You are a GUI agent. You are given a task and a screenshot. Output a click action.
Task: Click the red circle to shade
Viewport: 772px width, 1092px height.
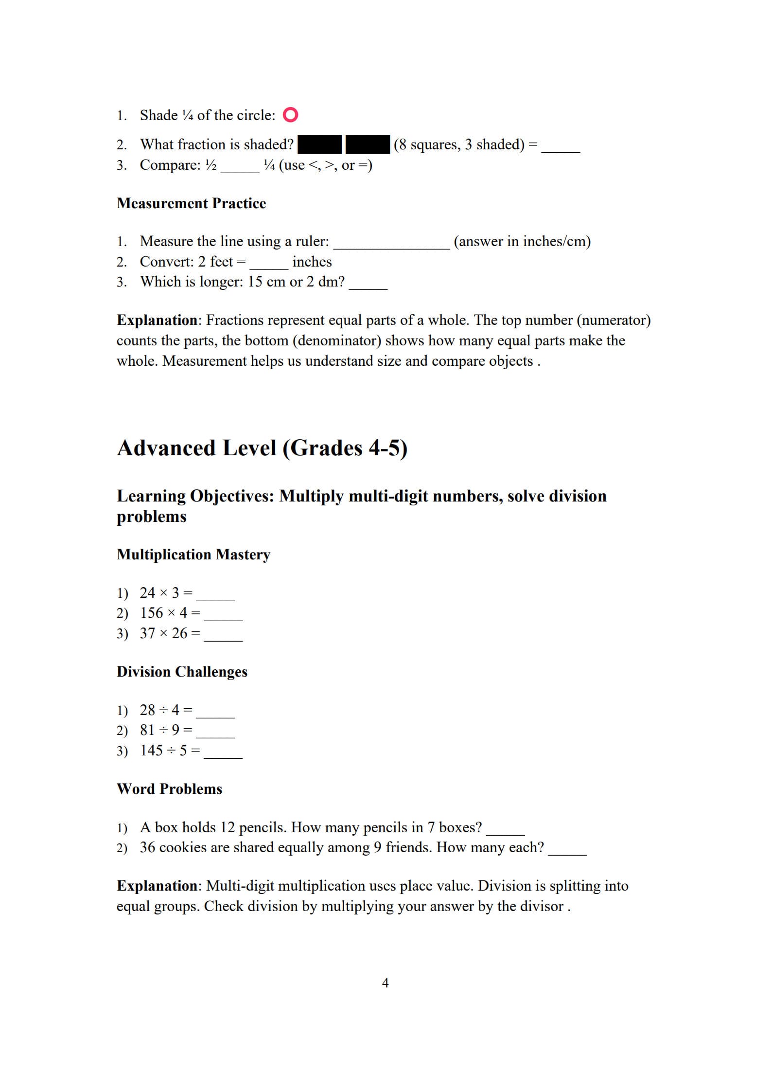(290, 115)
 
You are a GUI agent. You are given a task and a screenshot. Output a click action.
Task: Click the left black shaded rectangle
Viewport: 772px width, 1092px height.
(320, 144)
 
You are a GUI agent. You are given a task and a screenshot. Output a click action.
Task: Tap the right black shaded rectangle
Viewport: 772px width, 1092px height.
(368, 144)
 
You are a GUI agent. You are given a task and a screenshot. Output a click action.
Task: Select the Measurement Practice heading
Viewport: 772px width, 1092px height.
(191, 203)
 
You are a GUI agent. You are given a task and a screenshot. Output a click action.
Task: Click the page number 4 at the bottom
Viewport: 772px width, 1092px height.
(385, 983)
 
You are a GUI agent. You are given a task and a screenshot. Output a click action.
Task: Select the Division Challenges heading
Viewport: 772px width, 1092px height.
(182, 672)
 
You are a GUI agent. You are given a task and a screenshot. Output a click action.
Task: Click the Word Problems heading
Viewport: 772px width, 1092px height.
(169, 789)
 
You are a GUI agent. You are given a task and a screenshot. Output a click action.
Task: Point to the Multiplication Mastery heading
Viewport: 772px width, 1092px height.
(193, 555)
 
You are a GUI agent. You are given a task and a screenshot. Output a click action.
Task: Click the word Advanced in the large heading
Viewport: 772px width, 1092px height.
(166, 448)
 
